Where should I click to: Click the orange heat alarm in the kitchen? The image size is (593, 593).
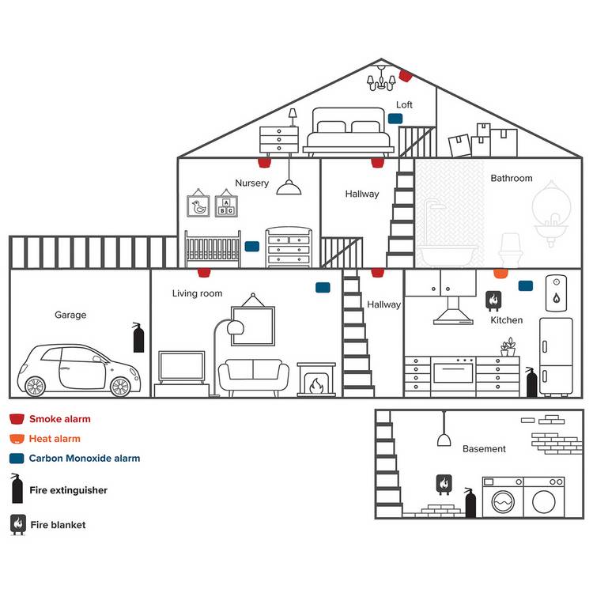[500, 274]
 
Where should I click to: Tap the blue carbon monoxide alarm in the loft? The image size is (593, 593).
[395, 119]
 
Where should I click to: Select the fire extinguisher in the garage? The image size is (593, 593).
[138, 338]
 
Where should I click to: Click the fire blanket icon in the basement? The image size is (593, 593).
[444, 485]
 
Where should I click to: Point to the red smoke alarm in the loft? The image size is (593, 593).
[405, 76]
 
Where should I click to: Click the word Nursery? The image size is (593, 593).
[252, 183]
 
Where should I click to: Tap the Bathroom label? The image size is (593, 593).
[512, 178]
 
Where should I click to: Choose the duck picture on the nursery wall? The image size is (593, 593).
[198, 204]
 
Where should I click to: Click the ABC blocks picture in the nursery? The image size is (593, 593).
[226, 204]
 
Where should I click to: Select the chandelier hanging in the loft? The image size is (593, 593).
[381, 78]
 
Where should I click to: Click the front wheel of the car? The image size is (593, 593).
[121, 387]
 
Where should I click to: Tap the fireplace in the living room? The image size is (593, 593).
[316, 380]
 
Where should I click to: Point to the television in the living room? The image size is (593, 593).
[182, 368]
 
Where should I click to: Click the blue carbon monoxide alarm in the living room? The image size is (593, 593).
[323, 288]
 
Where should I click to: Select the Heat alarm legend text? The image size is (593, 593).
[55, 439]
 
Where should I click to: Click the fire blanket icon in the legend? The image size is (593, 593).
[17, 524]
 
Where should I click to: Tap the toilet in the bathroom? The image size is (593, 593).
[511, 250]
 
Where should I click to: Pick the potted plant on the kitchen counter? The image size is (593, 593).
[508, 347]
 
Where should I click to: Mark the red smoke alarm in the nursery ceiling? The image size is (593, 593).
[264, 163]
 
